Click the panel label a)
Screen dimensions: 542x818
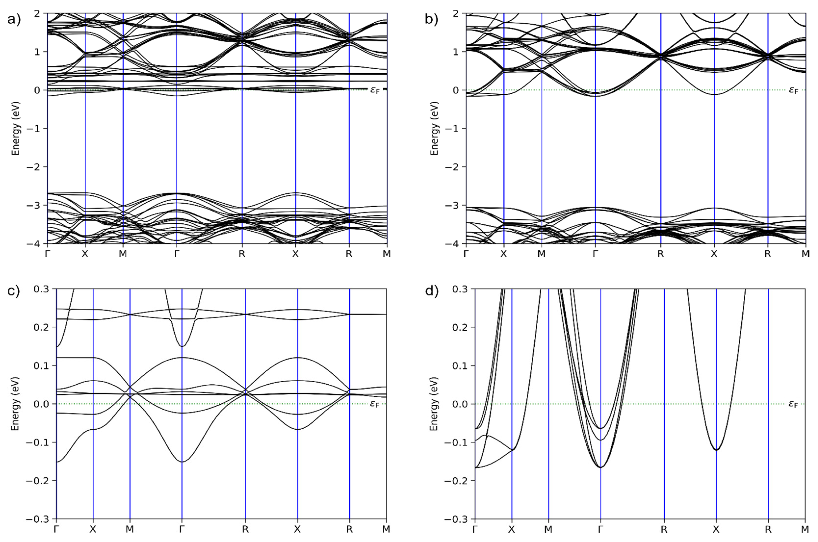14,20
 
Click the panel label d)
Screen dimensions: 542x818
431,291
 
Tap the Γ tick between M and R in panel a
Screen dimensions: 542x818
177,254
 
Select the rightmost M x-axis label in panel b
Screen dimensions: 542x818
805,254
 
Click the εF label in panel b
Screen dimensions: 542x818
793,91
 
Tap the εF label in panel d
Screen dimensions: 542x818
793,404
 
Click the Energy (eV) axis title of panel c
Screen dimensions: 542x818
15,404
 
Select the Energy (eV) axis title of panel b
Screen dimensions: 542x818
434,128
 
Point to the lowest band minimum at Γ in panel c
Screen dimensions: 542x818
182,462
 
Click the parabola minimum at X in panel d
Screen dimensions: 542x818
716,450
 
